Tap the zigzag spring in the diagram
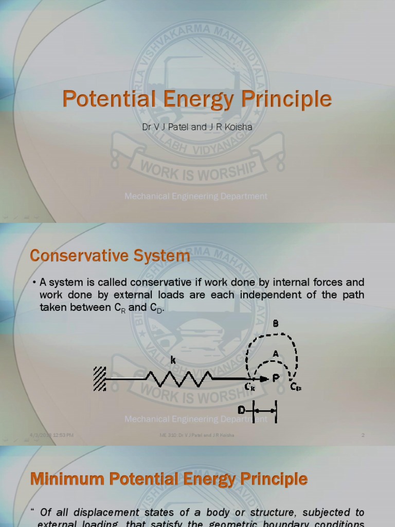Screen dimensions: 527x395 (x=177, y=379)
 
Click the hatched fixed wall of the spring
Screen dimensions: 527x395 (x=100, y=379)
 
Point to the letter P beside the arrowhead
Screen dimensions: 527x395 (x=276, y=378)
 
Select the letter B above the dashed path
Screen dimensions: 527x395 (x=276, y=324)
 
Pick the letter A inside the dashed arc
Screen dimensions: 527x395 (x=276, y=354)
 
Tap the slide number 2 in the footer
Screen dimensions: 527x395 (x=363, y=435)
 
